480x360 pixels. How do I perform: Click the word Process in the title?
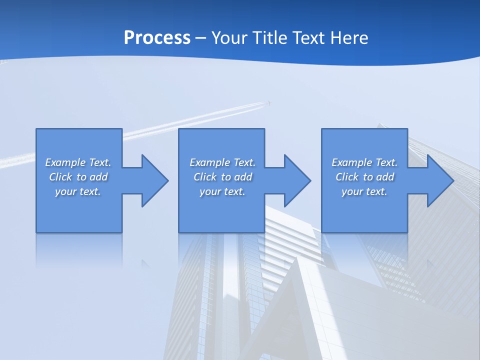click(157, 38)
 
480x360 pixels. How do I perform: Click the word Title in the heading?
click(269, 38)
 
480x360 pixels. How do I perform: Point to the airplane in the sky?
click(269, 103)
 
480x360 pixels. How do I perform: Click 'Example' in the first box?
click(65, 162)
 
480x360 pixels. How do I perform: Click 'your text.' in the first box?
click(78, 191)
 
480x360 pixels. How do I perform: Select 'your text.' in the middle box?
click(222, 191)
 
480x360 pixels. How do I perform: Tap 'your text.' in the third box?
click(364, 191)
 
